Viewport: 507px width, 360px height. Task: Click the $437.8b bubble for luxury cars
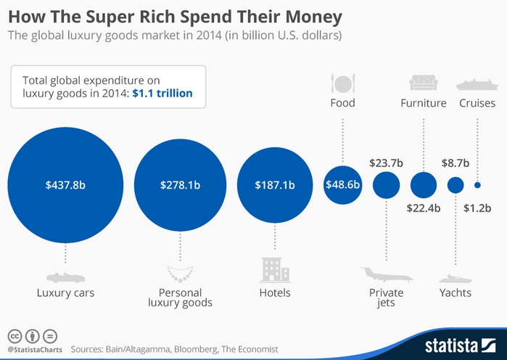[66, 185]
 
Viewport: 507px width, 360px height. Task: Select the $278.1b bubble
[179, 185]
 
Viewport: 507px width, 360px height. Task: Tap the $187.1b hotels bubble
[274, 185]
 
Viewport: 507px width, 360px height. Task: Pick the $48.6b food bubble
[342, 185]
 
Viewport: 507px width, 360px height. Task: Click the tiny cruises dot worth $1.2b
[477, 185]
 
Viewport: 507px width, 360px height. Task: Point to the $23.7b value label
[386, 163]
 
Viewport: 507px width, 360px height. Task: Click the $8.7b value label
[456, 163]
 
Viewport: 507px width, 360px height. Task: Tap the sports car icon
[65, 277]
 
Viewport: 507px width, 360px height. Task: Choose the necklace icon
[179, 274]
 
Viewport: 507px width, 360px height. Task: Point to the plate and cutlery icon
[342, 81]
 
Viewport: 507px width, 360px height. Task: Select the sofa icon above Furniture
[423, 82]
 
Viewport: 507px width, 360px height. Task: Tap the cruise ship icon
[477, 83]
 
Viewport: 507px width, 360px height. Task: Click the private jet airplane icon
[386, 276]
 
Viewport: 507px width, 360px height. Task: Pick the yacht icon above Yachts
[456, 278]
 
